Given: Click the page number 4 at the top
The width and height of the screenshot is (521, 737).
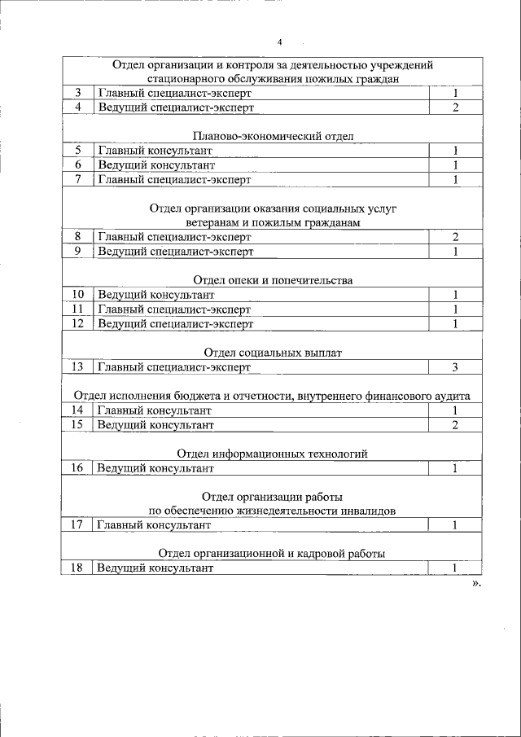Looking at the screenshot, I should pyautogui.click(x=278, y=42).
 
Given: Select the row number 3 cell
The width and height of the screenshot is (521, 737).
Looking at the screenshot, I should pyautogui.click(x=77, y=93).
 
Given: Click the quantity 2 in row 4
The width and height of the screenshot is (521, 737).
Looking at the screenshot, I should pyautogui.click(x=456, y=107).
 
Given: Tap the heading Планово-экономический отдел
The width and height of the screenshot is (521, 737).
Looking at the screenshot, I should pyautogui.click(x=273, y=136).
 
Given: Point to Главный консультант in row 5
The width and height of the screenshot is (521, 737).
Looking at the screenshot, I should pyautogui.click(x=155, y=151).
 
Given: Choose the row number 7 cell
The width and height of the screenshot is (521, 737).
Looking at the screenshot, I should pyautogui.click(x=77, y=179).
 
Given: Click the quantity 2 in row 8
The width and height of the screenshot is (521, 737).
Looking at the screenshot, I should pyautogui.click(x=456, y=237).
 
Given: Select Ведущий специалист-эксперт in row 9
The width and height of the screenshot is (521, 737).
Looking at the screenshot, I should pyautogui.click(x=175, y=252).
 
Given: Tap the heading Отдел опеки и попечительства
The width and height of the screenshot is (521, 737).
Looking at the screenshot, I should pyautogui.click(x=273, y=280).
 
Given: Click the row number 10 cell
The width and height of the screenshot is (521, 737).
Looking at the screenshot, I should pyautogui.click(x=77, y=295).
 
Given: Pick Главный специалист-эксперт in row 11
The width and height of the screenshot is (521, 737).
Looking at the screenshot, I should pyautogui.click(x=174, y=309).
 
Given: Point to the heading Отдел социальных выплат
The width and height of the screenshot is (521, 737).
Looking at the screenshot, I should pyautogui.click(x=273, y=353).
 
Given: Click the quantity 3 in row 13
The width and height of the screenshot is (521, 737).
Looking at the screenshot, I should pyautogui.click(x=456, y=367).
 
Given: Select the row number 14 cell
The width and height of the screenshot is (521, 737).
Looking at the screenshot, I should pyautogui.click(x=77, y=410).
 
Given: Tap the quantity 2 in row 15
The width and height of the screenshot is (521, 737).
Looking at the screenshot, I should pyautogui.click(x=456, y=425).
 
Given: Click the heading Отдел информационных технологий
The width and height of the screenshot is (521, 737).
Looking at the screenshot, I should pyautogui.click(x=273, y=454).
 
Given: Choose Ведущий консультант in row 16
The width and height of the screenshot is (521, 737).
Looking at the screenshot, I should pyautogui.click(x=155, y=468).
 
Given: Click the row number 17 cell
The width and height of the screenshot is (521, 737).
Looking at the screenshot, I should pyautogui.click(x=77, y=525).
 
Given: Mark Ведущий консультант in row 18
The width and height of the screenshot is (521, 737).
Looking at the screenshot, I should pyautogui.click(x=155, y=568).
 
